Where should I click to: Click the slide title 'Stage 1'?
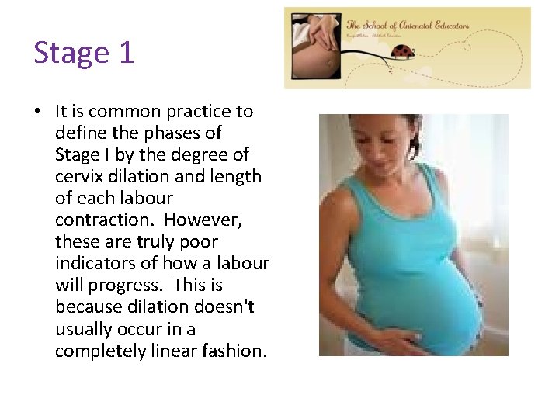click(84, 53)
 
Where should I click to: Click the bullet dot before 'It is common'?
click(37, 112)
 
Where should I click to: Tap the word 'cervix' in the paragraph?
click(78, 176)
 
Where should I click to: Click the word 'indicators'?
click(92, 264)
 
